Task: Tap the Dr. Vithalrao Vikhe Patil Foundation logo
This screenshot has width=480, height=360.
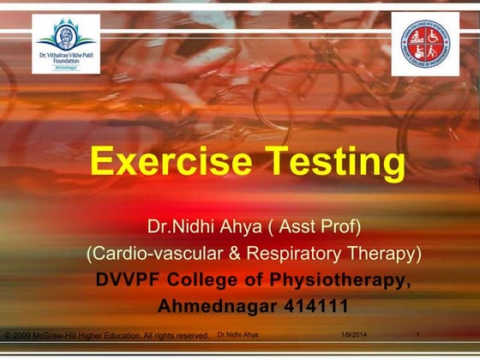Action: pyautogui.click(x=68, y=44)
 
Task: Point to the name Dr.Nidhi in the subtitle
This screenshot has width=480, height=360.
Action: pyautogui.click(x=177, y=227)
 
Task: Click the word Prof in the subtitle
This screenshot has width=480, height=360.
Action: pyautogui.click(x=341, y=227)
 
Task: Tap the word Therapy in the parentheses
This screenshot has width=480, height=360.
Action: pyautogui.click(x=385, y=254)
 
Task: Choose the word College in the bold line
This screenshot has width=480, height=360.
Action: pyautogui.click(x=216, y=279)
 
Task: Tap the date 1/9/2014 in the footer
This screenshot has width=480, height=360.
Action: pyautogui.click(x=353, y=333)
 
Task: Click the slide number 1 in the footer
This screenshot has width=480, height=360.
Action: pyautogui.click(x=417, y=333)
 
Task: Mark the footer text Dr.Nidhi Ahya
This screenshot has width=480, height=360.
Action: pyautogui.click(x=238, y=333)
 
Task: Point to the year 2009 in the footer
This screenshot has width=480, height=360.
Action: pyautogui.click(x=24, y=335)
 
